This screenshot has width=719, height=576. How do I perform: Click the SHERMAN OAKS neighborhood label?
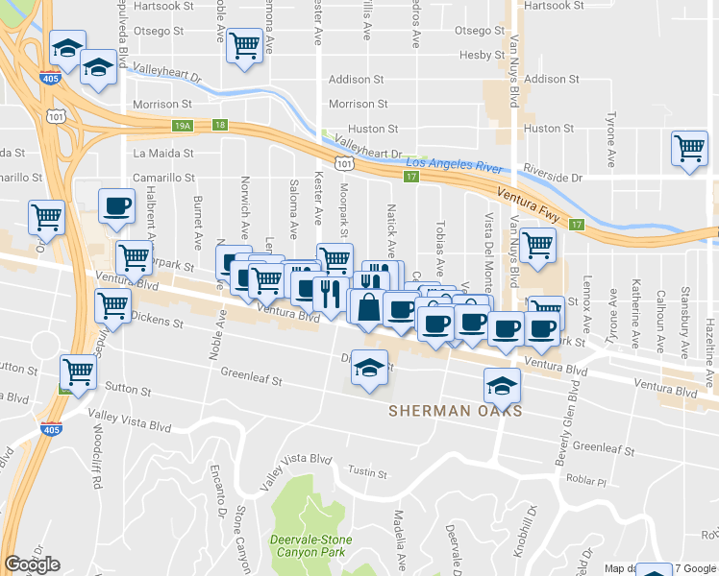(x=456, y=411)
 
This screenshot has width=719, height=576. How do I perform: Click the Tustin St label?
(x=367, y=472)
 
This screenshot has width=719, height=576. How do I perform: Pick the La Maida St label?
(x=163, y=153)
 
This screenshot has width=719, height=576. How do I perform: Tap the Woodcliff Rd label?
(x=97, y=467)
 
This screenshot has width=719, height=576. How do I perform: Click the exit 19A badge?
(x=183, y=126)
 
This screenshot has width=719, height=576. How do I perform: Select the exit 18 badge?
(x=220, y=126)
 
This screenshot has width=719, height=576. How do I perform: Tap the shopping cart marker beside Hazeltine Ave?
(x=690, y=149)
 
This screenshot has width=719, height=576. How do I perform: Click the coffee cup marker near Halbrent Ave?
(x=117, y=205)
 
